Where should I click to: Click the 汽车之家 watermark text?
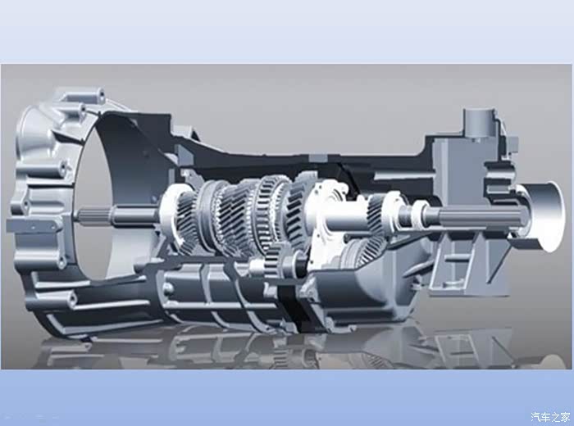tap(550, 416)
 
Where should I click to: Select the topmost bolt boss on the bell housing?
tap(96, 94)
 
